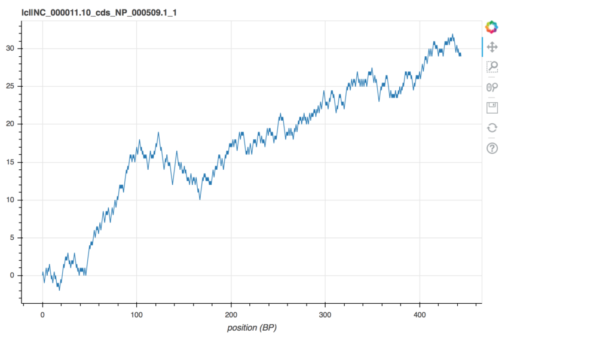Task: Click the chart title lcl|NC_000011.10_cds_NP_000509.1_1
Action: pyautogui.click(x=99, y=13)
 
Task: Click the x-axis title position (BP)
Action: pyautogui.click(x=252, y=328)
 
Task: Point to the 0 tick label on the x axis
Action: pyautogui.click(x=42, y=315)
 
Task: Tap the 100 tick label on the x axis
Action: pyautogui.click(x=137, y=315)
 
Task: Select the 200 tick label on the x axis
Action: pyautogui.click(x=231, y=315)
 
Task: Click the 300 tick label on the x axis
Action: pyautogui.click(x=325, y=315)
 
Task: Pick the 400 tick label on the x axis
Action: pyautogui.click(x=420, y=315)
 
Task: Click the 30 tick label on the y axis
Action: pyautogui.click(x=10, y=48)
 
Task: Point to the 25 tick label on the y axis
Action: pyautogui.click(x=10, y=86)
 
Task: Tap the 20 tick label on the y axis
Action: pyautogui.click(x=10, y=124)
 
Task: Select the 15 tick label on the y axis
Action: pyautogui.click(x=10, y=162)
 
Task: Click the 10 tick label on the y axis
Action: pyautogui.click(x=10, y=200)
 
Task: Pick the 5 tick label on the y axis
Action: pyautogui.click(x=12, y=238)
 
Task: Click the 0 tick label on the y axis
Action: pyautogui.click(x=12, y=275)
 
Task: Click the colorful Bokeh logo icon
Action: pyautogui.click(x=492, y=28)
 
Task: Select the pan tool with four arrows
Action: pyautogui.click(x=492, y=47)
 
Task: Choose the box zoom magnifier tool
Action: pyautogui.click(x=492, y=67)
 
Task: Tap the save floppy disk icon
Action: pyautogui.click(x=492, y=108)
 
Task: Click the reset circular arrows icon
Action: pyautogui.click(x=492, y=128)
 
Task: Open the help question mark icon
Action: pyautogui.click(x=492, y=148)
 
